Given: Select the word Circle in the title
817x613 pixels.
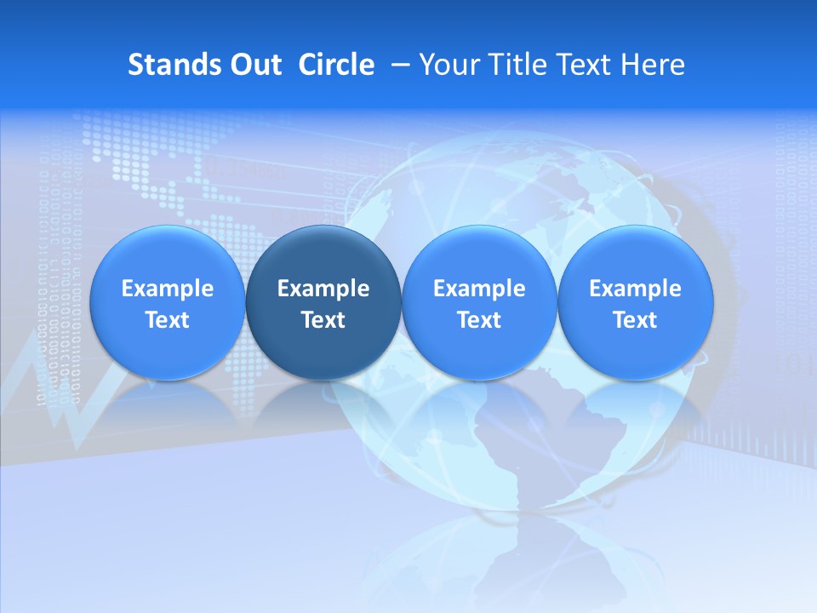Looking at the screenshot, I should coord(336,65).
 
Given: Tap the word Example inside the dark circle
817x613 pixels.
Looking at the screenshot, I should coord(323,289).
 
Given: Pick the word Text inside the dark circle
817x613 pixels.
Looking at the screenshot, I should coord(323,320).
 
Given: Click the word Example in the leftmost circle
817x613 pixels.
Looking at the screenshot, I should coord(168,289).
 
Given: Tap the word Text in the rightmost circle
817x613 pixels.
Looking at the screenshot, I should coord(636,320).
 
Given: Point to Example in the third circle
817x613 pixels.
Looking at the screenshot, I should coord(479,289).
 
